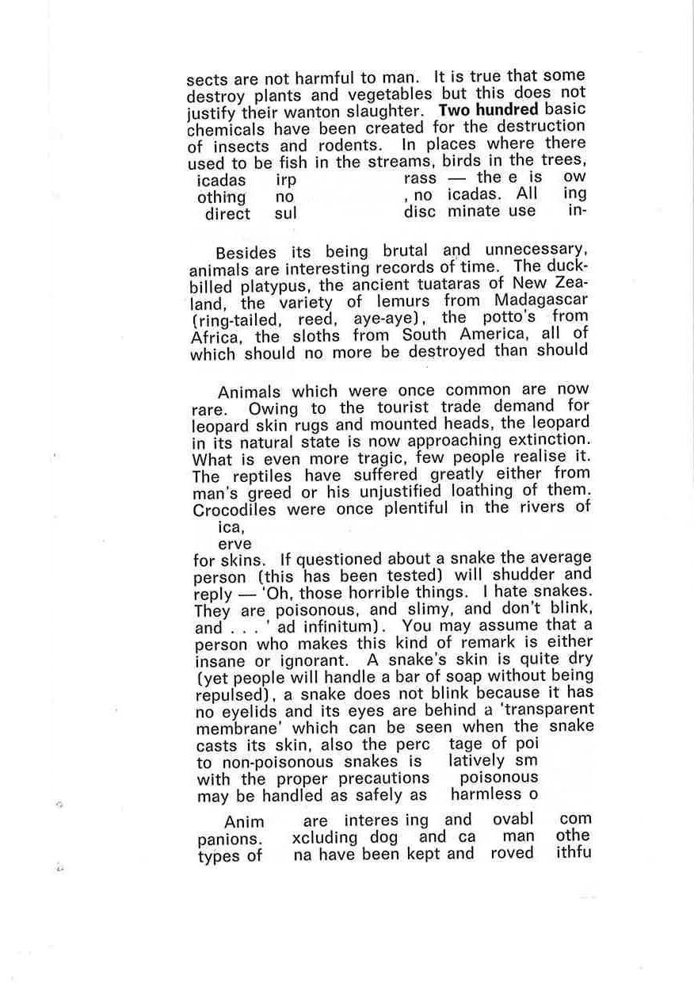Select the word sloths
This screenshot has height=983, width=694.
pos(320,335)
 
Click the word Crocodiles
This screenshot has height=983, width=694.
pos(236,510)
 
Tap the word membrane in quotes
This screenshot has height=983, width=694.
pos(236,729)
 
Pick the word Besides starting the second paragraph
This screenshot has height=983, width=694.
pos(246,254)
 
